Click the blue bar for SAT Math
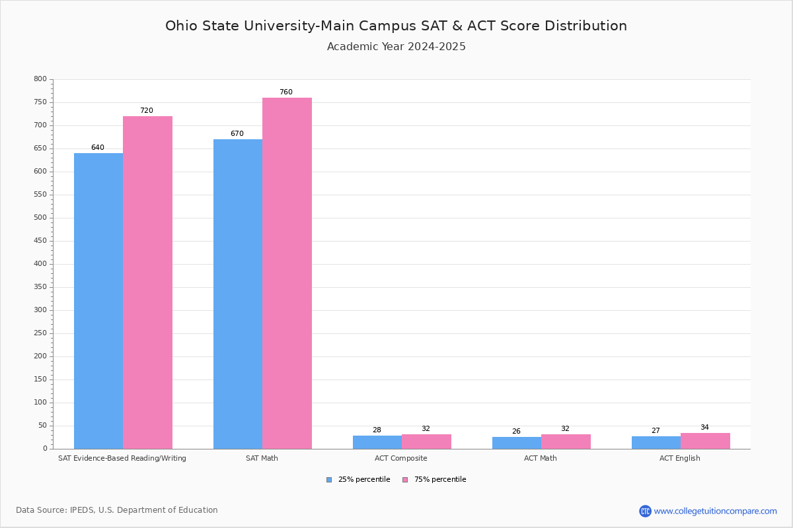tap(238, 294)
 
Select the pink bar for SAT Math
tap(287, 273)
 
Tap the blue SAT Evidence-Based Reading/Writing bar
tap(98, 301)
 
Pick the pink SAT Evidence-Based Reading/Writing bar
tap(147, 282)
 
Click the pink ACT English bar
tap(705, 441)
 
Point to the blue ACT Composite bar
tap(377, 442)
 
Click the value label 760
tap(285, 92)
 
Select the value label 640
tap(98, 148)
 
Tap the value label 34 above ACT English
tap(704, 428)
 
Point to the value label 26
tap(516, 432)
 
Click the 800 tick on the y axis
tap(40, 79)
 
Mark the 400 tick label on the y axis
tap(40, 264)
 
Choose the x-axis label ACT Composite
tap(400, 458)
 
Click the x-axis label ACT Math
tap(541, 458)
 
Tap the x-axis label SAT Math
tap(262, 458)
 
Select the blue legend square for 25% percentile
tap(329, 480)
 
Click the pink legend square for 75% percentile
tap(405, 480)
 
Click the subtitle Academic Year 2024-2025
tap(397, 47)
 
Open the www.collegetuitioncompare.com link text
tap(715, 511)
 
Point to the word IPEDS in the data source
tap(81, 510)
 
